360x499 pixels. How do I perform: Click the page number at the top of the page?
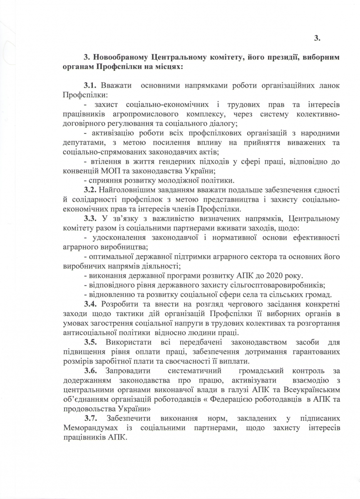point(317,38)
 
